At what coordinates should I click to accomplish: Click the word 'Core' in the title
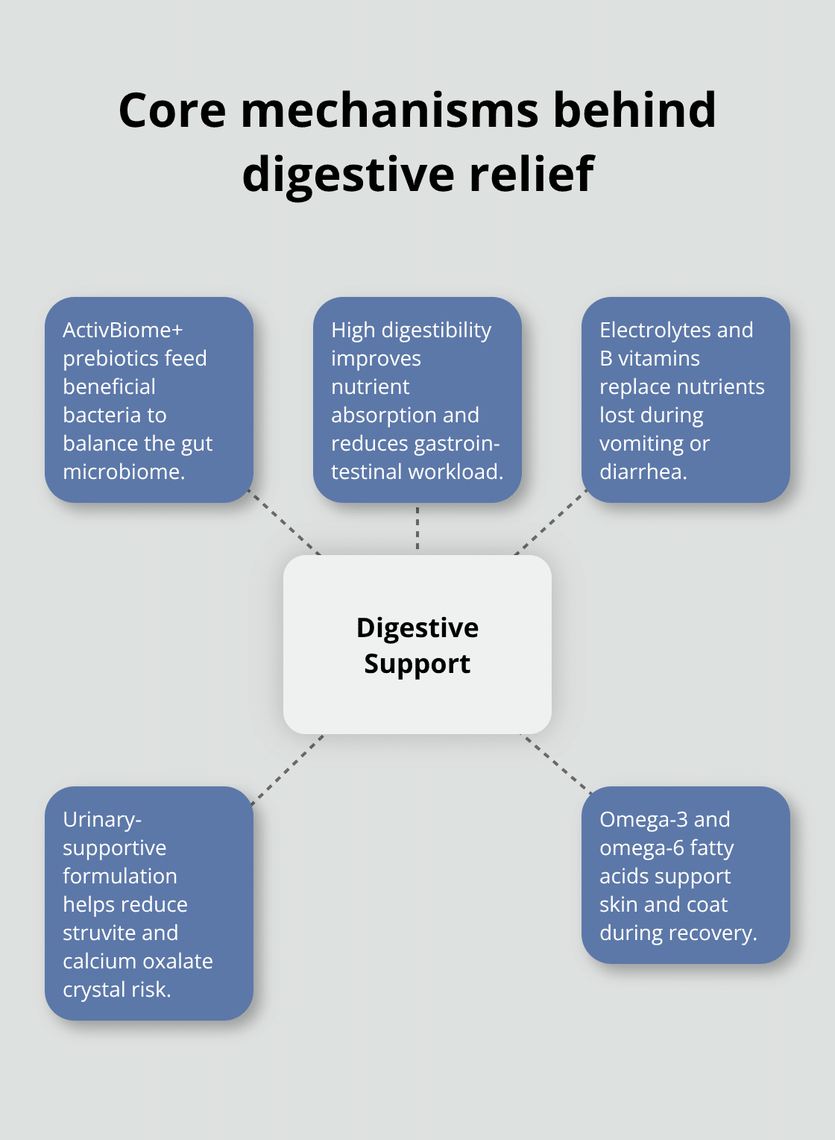click(x=172, y=110)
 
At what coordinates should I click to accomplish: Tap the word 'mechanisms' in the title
click(x=389, y=110)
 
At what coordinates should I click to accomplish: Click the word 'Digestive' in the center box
click(x=417, y=628)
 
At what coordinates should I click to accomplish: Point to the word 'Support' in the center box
click(x=417, y=664)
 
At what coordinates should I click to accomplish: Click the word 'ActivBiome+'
click(x=122, y=330)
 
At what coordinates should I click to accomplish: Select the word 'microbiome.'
click(x=124, y=472)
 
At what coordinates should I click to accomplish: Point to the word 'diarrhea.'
click(x=643, y=472)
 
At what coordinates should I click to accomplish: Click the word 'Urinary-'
click(x=102, y=819)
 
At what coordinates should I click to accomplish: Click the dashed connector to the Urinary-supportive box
click(x=288, y=770)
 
